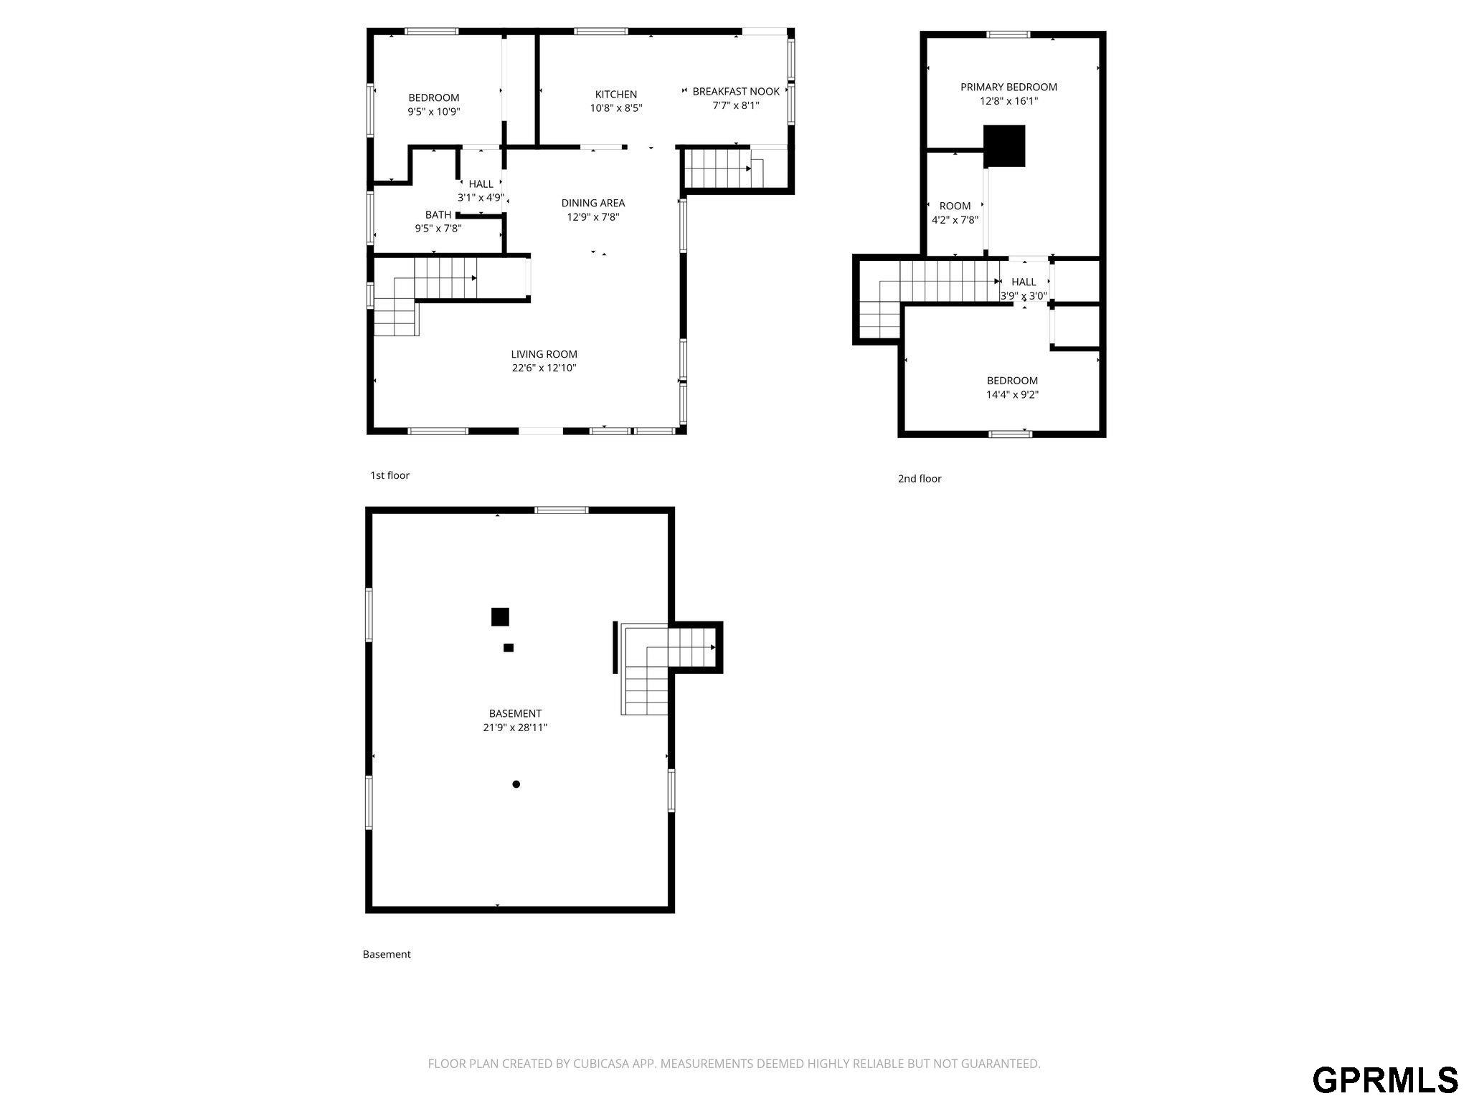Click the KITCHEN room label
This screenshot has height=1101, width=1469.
616,95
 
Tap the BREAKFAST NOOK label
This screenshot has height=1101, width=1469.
736,92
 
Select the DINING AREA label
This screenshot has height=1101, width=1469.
593,203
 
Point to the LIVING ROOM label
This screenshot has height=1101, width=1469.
544,354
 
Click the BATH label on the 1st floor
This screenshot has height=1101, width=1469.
438,215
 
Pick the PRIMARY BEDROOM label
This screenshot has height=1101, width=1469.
1009,87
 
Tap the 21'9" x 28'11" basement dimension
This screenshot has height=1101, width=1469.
515,728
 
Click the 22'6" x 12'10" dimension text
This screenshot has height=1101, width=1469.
544,368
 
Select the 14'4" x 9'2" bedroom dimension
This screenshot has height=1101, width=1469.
1012,395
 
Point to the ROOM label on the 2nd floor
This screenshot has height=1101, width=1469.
955,206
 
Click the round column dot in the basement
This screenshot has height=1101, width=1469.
516,784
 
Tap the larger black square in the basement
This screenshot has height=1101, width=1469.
500,616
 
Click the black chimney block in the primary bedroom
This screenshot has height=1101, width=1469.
1004,146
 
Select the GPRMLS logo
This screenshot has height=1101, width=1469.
1385,1079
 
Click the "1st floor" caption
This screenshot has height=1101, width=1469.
389,475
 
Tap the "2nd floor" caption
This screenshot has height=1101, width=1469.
920,479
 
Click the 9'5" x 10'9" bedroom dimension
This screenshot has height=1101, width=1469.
434,112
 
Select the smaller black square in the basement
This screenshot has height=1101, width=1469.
509,648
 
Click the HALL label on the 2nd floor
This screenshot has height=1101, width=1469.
1024,282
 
